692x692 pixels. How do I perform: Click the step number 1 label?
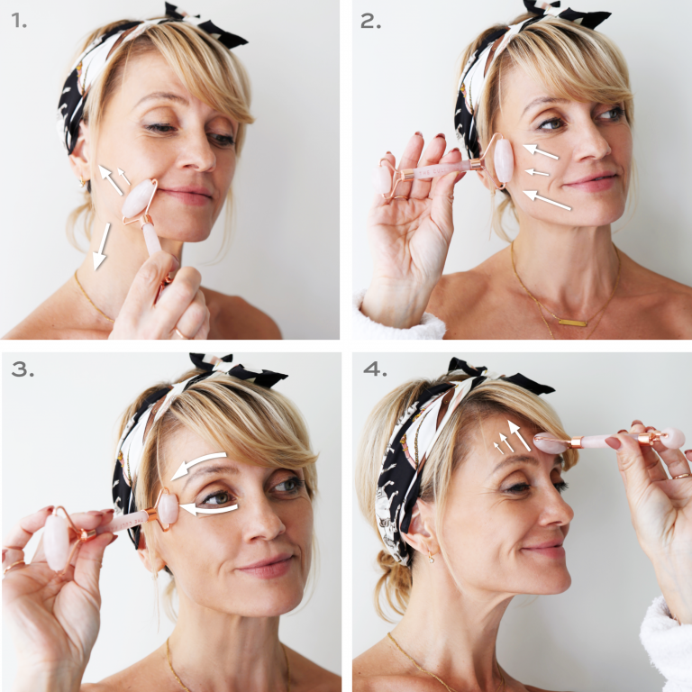pyautogui.click(x=19, y=21)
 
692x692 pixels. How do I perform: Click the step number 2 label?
pyautogui.click(x=370, y=21)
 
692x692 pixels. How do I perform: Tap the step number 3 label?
pyautogui.click(x=23, y=369)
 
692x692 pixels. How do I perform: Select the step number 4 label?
pyautogui.click(x=375, y=369)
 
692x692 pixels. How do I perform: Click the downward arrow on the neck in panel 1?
pyautogui.click(x=101, y=246)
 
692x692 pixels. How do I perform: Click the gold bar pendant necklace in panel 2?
pyautogui.click(x=572, y=323)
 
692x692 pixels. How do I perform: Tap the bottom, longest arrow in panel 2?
pyautogui.click(x=547, y=199)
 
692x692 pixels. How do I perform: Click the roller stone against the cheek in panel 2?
pyautogui.click(x=504, y=161)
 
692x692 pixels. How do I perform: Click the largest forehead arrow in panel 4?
pyautogui.click(x=519, y=435)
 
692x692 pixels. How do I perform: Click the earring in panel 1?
pyautogui.click(x=82, y=182)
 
